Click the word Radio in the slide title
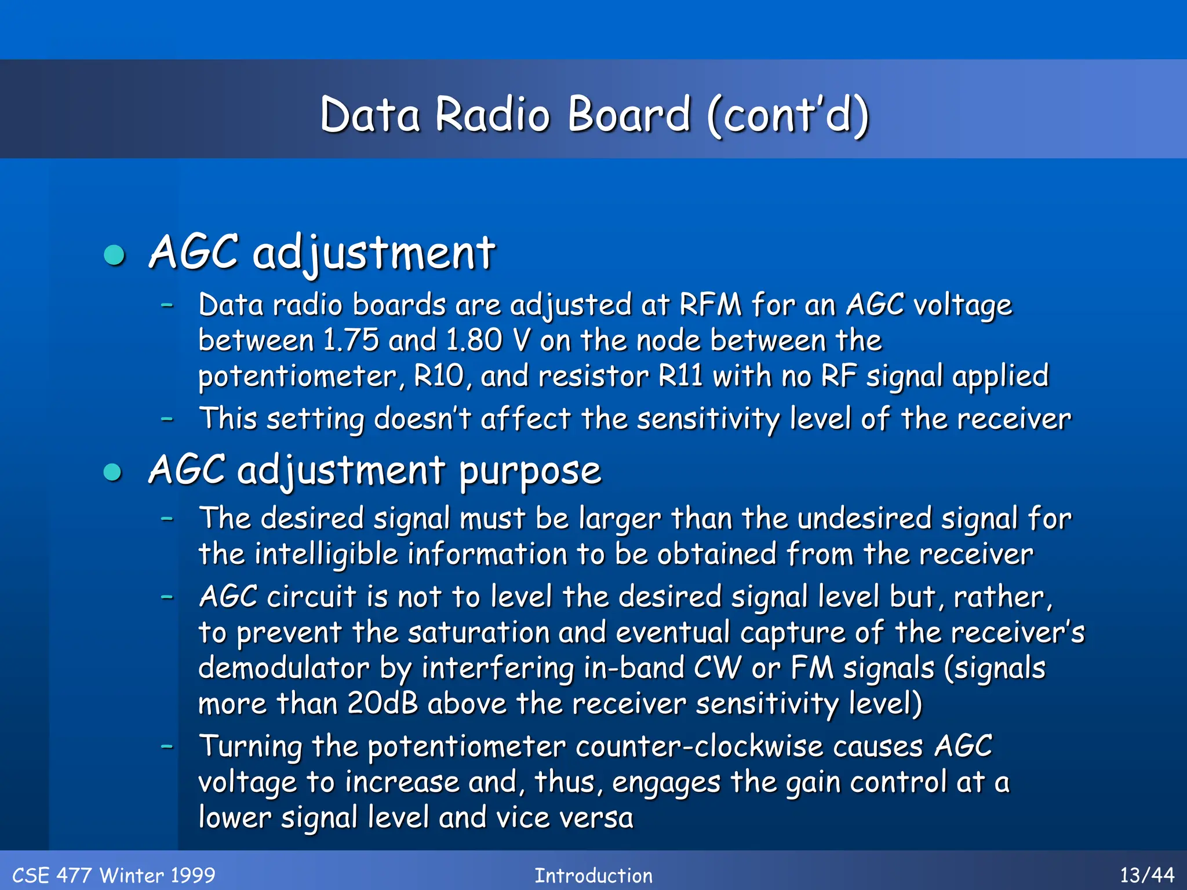click(492, 114)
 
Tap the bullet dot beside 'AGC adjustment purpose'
click(113, 472)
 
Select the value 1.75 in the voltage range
click(351, 340)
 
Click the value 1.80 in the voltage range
click(474, 340)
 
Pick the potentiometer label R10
click(439, 376)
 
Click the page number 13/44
click(1147, 875)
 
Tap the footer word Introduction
click(593, 876)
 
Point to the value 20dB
click(383, 704)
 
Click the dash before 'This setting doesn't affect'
click(168, 418)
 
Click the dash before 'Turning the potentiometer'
click(168, 746)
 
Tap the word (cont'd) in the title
click(788, 114)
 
